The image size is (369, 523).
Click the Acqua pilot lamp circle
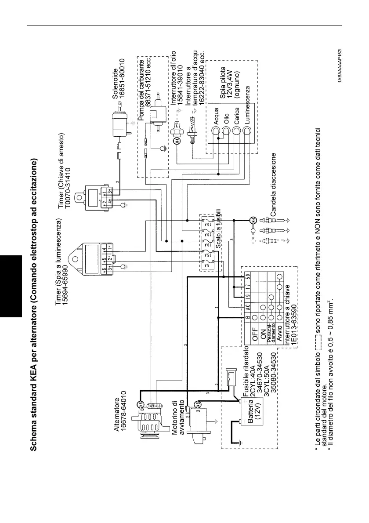pyautogui.click(x=216, y=131)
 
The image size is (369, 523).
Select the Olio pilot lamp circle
pyautogui.click(x=226, y=131)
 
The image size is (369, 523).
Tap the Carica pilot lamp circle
pyautogui.click(x=236, y=131)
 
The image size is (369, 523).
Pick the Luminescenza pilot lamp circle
pyautogui.click(x=247, y=131)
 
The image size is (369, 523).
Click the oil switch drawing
pyautogui.click(x=178, y=134)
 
